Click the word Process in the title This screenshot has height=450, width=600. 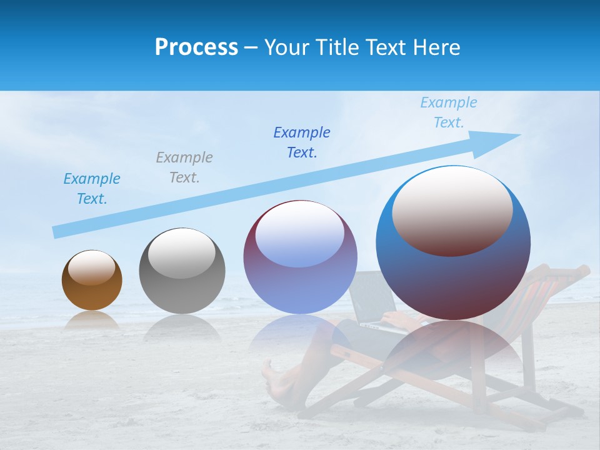click(196, 47)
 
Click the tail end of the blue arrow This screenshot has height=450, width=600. click(57, 231)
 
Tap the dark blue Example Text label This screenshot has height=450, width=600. click(302, 142)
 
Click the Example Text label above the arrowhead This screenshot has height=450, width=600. click(449, 112)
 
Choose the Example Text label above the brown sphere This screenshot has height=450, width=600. click(92, 189)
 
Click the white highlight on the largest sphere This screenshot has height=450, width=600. click(452, 209)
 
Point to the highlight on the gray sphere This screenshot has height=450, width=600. click(182, 253)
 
